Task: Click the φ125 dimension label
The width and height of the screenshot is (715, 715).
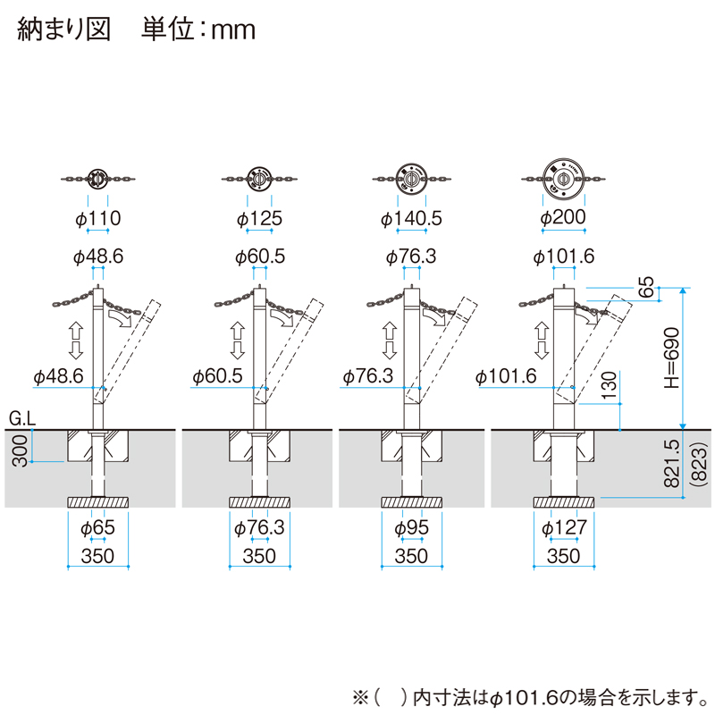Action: [x=259, y=218]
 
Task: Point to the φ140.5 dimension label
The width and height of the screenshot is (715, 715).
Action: [x=412, y=218]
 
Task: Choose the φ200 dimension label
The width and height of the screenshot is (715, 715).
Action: [x=563, y=218]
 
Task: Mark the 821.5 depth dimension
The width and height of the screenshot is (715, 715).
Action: [x=673, y=463]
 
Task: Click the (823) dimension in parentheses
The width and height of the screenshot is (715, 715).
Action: [x=698, y=470]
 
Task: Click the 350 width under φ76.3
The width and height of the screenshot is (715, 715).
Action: [x=259, y=556]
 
